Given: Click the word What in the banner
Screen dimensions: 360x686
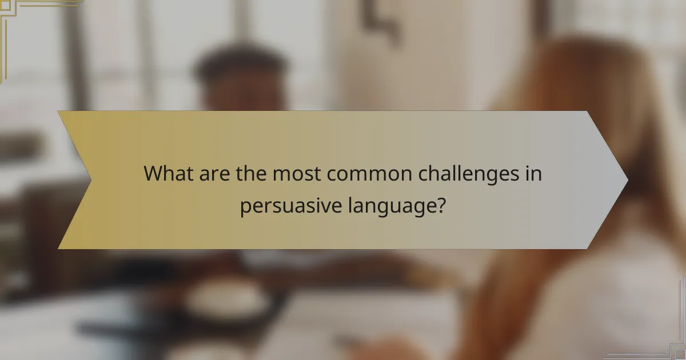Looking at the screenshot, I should pyautogui.click(x=165, y=173).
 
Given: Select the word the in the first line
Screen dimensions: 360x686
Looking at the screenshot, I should pyautogui.click(x=249, y=173).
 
